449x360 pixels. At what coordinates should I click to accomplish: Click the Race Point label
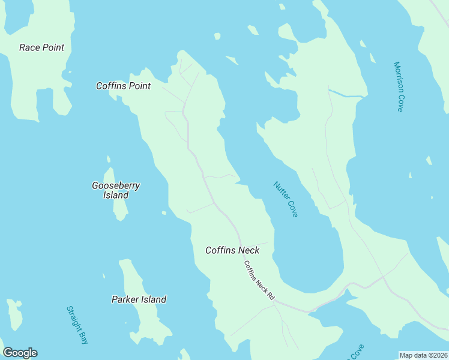(41, 47)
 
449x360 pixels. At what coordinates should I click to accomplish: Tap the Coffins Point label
(123, 86)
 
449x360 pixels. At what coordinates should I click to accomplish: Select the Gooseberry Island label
(115, 190)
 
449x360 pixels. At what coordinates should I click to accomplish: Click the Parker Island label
(139, 299)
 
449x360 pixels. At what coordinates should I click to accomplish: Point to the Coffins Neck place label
(232, 250)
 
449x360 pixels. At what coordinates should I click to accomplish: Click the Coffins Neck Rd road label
(259, 280)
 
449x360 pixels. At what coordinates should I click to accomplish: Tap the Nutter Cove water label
(286, 199)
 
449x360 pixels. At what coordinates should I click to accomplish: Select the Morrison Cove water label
(398, 86)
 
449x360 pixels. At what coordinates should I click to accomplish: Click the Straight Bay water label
(77, 325)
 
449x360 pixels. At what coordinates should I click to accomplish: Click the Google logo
(20, 353)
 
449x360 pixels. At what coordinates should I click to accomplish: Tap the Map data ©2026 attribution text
(424, 355)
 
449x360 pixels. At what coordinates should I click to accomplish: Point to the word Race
(30, 47)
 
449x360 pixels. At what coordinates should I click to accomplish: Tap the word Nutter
(280, 191)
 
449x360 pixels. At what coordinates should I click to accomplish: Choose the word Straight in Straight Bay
(75, 320)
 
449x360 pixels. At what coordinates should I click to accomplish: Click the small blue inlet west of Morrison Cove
(347, 94)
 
